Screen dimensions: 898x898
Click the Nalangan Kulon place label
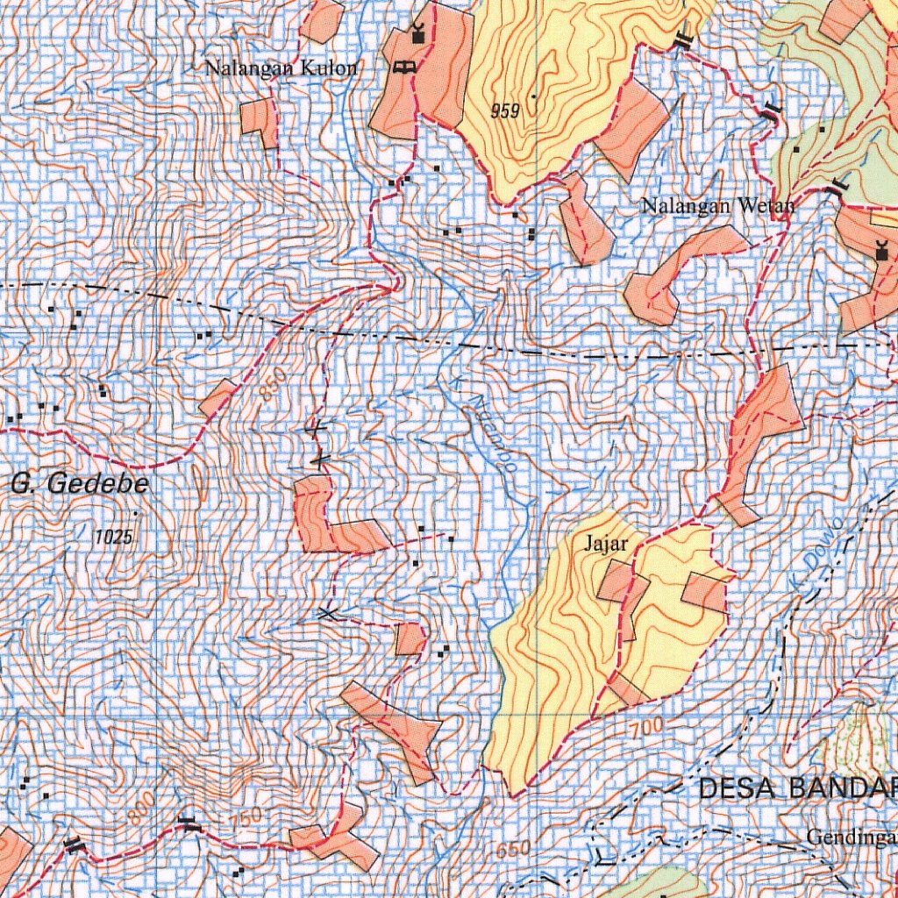[x=281, y=68]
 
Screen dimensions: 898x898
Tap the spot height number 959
[x=506, y=112]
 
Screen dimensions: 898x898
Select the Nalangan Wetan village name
[x=717, y=207]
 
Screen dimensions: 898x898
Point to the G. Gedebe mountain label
[x=80, y=483]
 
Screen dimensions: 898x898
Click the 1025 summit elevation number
[x=114, y=537]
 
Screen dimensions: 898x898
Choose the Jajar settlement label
[x=606, y=544]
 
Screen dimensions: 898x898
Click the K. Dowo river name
[x=815, y=558]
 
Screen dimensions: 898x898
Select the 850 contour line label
[x=273, y=386]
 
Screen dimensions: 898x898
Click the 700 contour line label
[x=645, y=727]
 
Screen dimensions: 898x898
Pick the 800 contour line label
[x=139, y=815]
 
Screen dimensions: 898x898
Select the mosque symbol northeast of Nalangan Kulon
[x=417, y=35]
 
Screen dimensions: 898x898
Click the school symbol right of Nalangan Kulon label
[x=404, y=67]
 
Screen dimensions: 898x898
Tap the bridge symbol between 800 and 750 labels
[x=189, y=823]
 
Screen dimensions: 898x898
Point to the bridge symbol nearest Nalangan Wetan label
[x=837, y=185]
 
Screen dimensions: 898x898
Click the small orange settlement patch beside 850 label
[x=217, y=398]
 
